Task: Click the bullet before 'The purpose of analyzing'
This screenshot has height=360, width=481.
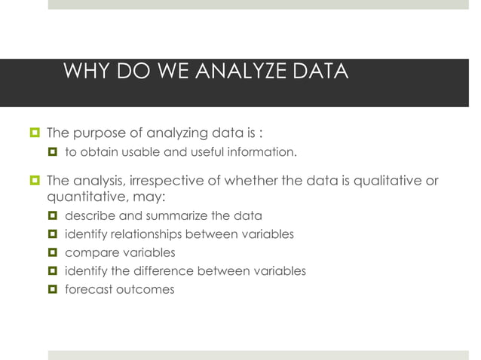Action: pyautogui.click(x=33, y=134)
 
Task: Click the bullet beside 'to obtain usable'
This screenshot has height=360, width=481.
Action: pyautogui.click(x=52, y=153)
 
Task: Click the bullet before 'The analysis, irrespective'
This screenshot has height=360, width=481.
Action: pyautogui.click(x=33, y=181)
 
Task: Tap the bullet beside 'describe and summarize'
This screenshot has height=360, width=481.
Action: pyautogui.click(x=52, y=216)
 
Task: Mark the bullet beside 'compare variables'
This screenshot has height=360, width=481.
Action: pyautogui.click(x=52, y=252)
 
